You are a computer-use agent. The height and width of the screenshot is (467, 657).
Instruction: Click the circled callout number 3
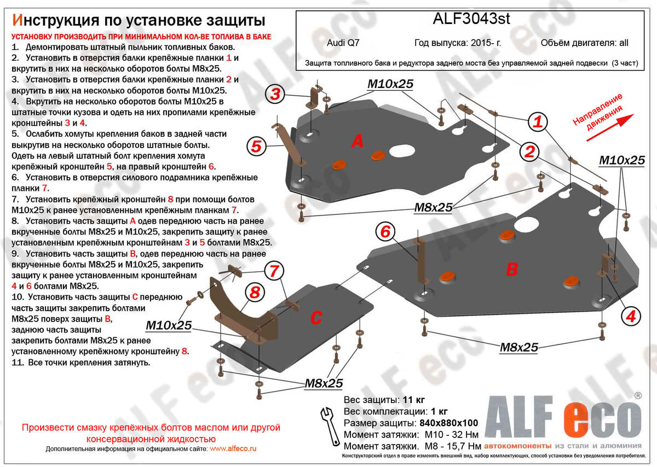[275, 95]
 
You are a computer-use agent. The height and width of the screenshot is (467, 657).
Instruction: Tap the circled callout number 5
[256, 146]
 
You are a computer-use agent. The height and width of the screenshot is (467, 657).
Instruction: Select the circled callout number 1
[538, 122]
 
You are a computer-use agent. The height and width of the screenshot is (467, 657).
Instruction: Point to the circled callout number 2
[528, 152]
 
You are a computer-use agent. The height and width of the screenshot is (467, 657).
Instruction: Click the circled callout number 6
[385, 232]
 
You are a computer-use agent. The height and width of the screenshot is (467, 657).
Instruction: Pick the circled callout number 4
[631, 315]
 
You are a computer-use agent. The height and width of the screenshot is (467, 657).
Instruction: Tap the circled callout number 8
[255, 293]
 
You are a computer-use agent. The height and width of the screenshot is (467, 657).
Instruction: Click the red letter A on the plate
[357, 142]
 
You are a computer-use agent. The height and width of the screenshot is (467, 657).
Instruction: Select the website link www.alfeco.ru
[233, 448]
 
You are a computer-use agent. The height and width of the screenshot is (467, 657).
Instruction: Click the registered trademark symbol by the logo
[637, 395]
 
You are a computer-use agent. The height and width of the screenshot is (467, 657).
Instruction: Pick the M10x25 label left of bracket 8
[169, 326]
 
